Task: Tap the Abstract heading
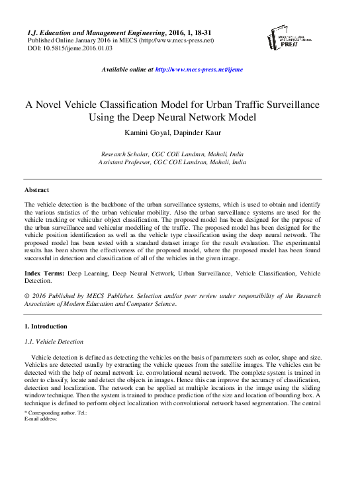click(x=36, y=190)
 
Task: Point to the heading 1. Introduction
click(x=45, y=326)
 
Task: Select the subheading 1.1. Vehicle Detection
click(x=54, y=342)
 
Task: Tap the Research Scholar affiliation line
click(x=172, y=153)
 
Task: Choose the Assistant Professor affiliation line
click(x=172, y=162)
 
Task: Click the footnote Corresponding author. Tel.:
click(x=56, y=413)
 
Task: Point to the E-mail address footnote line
click(x=40, y=418)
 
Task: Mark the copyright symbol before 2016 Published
click(x=26, y=297)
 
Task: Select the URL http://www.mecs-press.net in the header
click(x=177, y=40)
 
